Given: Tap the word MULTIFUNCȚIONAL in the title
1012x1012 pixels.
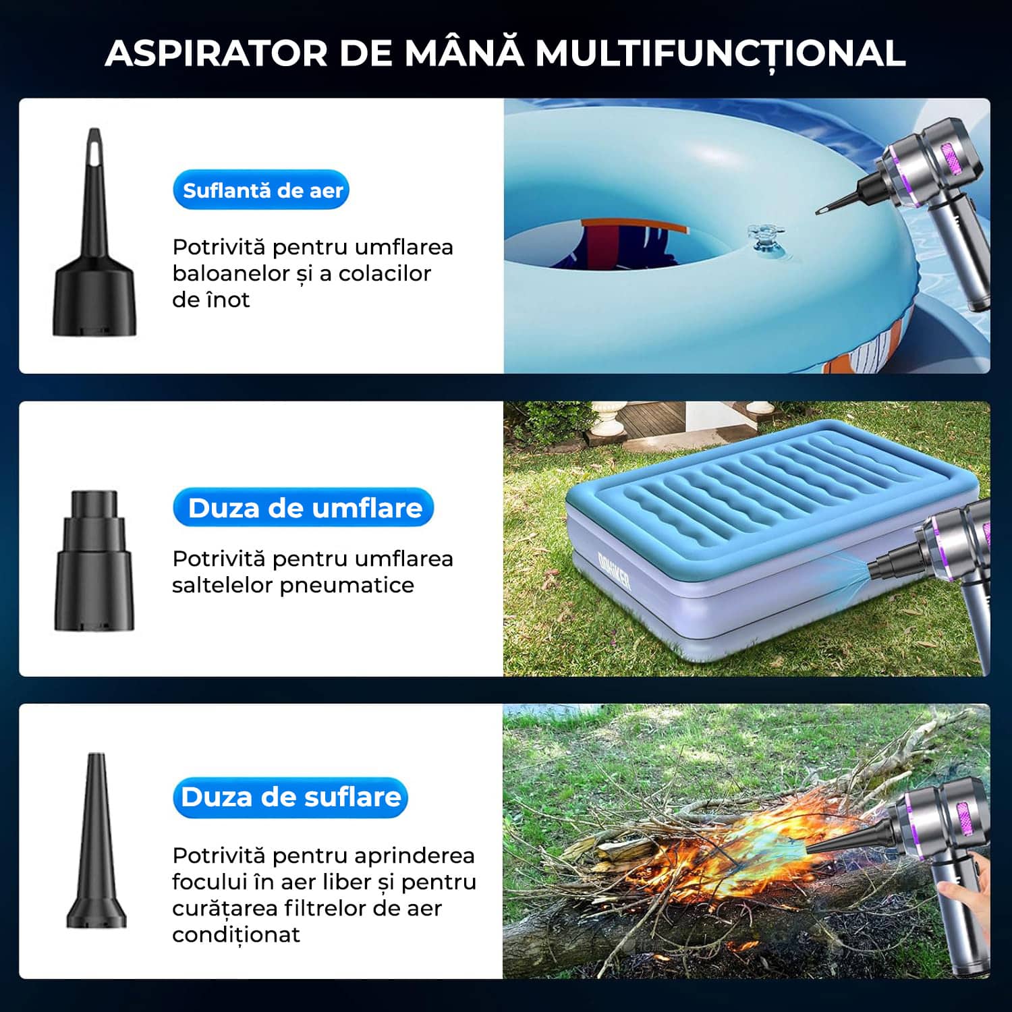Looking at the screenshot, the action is point(721,53).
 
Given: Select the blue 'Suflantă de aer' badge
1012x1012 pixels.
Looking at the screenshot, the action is point(262,190).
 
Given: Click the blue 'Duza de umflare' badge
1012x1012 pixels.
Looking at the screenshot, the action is point(304,507).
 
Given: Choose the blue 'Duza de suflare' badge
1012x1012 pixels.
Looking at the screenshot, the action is point(291,797).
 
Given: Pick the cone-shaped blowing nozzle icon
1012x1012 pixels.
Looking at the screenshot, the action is point(96,840).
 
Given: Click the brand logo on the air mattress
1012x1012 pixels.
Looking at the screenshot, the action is point(614,571).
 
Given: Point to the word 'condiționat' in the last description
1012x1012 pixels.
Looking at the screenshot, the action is point(236,935).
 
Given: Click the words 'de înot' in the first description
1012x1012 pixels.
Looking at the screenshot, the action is point(210,300).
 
